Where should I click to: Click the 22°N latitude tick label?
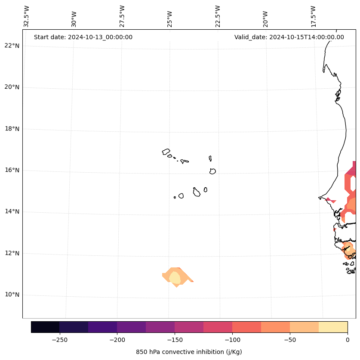(12, 46)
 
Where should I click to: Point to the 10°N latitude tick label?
(12, 295)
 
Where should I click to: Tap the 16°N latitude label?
(12, 170)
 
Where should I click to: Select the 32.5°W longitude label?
(27, 16)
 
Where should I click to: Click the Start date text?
(83, 37)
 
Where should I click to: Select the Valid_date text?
(289, 37)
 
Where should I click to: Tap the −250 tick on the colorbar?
(59, 340)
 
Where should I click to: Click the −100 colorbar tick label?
(232, 340)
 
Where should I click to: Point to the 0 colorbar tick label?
(348, 340)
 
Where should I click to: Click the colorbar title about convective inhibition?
(189, 352)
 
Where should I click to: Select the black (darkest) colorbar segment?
(45, 327)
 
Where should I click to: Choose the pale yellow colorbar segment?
(333, 327)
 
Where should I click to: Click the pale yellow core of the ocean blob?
(175, 277)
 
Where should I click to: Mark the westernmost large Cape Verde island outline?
(166, 152)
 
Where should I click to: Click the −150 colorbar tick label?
(175, 340)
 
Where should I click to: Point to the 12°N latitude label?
(12, 253)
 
